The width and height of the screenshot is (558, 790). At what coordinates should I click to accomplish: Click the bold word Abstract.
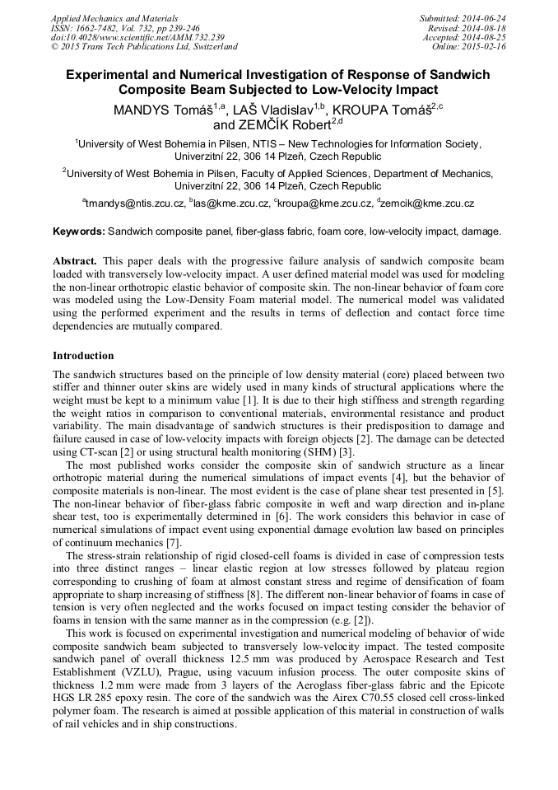[76, 261]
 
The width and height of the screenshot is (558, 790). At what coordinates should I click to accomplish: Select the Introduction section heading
[83, 356]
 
